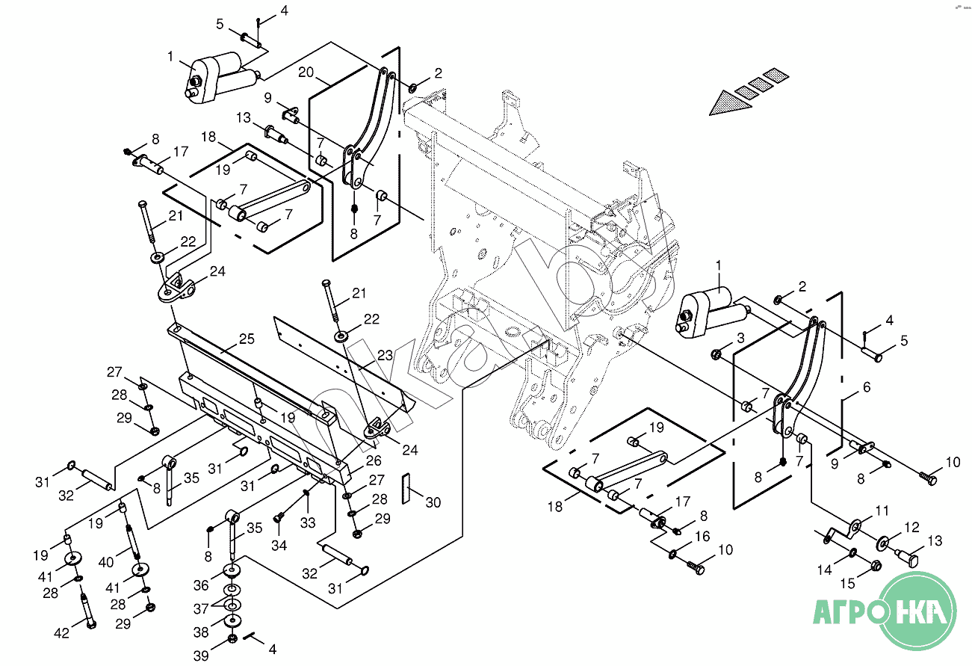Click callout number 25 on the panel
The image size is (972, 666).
[247, 339]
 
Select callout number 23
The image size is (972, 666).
[385, 355]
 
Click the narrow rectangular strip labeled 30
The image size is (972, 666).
[406, 488]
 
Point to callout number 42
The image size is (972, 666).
[61, 633]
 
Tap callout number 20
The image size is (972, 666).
[306, 72]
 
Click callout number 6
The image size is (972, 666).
[867, 386]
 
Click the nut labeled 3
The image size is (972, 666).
[716, 355]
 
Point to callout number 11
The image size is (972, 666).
[882, 511]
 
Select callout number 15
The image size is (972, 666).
[847, 583]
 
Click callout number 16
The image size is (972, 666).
[702, 536]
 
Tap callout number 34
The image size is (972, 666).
[279, 546]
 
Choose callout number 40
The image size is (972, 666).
[106, 562]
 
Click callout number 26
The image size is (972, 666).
[374, 460]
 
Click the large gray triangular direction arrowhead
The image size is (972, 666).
[729, 103]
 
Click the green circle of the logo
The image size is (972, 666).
[917, 611]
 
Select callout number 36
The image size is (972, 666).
[201, 585]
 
